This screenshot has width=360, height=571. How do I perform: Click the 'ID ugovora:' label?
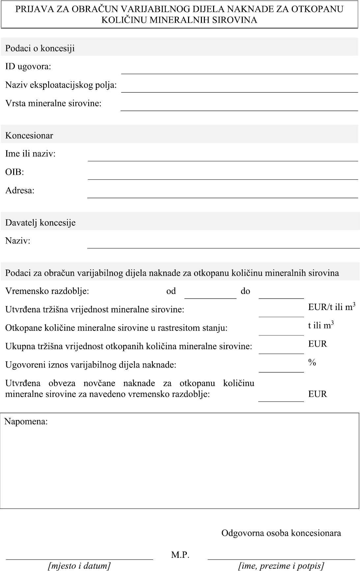(x=28, y=67)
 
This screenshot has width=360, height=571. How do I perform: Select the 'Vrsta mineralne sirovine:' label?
(x=53, y=103)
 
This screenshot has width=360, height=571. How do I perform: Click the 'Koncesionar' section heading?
(x=29, y=136)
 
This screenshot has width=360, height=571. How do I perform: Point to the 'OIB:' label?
(x=14, y=172)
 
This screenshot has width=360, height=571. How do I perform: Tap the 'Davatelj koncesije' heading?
(x=40, y=223)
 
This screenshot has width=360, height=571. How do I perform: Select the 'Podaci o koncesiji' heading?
(x=40, y=48)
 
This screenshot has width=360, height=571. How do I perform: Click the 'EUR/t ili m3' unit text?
(x=331, y=307)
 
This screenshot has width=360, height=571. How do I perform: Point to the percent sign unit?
(x=312, y=362)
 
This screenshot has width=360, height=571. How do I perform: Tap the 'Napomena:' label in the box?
(x=26, y=422)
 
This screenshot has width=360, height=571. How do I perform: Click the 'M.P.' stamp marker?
(x=180, y=555)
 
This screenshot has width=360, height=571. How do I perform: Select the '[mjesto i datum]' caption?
(x=79, y=566)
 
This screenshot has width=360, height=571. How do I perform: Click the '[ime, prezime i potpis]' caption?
(x=281, y=566)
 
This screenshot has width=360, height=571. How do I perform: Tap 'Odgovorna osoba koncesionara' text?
(x=281, y=533)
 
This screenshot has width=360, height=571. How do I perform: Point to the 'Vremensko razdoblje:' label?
(x=47, y=291)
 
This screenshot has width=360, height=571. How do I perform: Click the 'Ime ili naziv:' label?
(x=30, y=154)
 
